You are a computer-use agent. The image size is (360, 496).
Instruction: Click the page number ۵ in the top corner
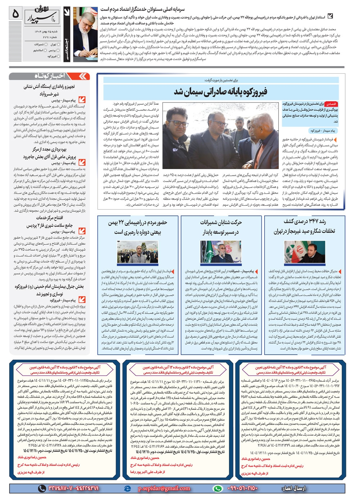(x=15, y=14)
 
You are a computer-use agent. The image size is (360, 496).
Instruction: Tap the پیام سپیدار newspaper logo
(x=41, y=17)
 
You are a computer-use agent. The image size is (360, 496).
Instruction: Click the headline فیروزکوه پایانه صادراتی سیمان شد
(x=220, y=91)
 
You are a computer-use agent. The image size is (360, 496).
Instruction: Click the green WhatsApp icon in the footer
(x=218, y=488)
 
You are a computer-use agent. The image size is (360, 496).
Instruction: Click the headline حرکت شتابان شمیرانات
(x=221, y=227)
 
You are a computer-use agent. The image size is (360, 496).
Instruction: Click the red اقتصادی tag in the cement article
(x=330, y=104)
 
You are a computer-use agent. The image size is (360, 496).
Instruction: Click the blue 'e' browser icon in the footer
(x=127, y=488)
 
